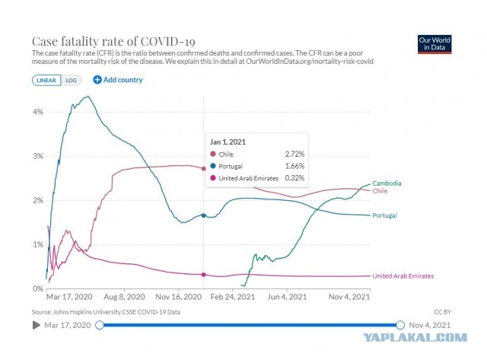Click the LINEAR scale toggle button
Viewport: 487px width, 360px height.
(46, 80)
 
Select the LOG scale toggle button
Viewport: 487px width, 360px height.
(71, 80)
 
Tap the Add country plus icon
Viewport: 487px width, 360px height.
(97, 80)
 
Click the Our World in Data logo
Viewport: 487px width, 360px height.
(434, 44)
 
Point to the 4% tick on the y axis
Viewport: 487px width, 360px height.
(38, 112)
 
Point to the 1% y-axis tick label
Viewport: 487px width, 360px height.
(38, 245)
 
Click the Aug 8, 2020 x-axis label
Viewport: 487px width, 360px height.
(124, 297)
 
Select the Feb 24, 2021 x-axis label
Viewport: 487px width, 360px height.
(233, 297)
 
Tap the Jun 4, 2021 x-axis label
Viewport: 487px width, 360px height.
(287, 297)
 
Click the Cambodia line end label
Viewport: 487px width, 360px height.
(387, 183)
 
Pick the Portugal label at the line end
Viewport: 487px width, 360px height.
(384, 215)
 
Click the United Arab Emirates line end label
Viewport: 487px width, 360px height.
(403, 276)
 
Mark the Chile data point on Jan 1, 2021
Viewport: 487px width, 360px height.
(204, 169)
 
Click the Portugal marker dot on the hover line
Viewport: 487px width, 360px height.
(204, 215)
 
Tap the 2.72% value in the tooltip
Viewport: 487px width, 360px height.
(294, 154)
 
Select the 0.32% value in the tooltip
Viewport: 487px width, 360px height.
(294, 178)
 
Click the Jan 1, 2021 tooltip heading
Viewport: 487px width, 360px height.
(228, 142)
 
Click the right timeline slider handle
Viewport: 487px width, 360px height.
(400, 325)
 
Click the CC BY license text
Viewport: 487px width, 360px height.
(443, 312)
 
